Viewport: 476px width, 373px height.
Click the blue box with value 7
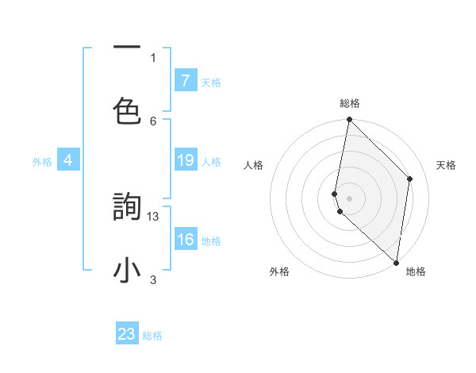[x=185, y=81]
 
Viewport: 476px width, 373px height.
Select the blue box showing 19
[x=185, y=160]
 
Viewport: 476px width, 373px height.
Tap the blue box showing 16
[x=185, y=240]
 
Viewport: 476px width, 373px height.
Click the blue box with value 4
[x=68, y=160]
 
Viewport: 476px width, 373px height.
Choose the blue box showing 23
[x=127, y=334]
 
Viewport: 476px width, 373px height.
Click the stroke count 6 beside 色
[x=153, y=121]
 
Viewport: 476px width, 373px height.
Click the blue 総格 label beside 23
[x=152, y=336]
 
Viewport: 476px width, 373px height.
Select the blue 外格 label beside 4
[x=42, y=162]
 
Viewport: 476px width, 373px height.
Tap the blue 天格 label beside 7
[x=211, y=83]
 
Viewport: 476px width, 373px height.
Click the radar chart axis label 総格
[x=350, y=103]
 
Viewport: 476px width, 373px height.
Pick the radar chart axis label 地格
[x=416, y=271]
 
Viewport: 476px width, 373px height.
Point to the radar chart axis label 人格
[x=253, y=165]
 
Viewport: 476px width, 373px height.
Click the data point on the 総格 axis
[x=349, y=120]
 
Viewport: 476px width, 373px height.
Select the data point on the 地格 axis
[x=397, y=263]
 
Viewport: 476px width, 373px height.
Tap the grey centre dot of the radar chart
[x=349, y=198]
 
